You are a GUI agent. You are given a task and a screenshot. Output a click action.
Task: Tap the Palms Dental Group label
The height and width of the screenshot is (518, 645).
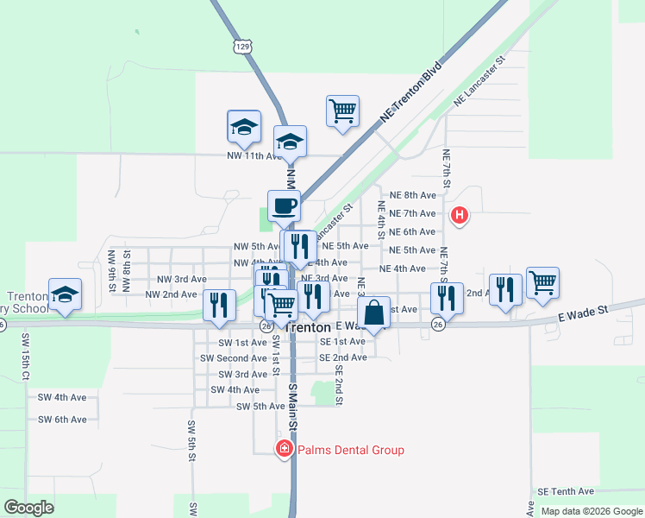coord(350,450)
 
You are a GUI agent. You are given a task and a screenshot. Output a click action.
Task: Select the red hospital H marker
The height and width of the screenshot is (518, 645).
coord(460,214)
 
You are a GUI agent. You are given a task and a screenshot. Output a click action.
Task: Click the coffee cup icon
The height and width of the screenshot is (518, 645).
coord(284,206)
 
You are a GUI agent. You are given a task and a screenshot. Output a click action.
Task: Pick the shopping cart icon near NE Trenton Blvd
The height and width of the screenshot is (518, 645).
coord(342,111)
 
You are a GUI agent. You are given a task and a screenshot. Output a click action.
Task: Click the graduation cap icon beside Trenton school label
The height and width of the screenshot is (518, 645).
coord(65,294)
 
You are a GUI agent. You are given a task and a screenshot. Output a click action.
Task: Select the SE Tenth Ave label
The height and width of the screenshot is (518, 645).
coord(566,490)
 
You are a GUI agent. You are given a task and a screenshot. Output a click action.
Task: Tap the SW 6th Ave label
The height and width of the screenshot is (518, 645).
coord(62,420)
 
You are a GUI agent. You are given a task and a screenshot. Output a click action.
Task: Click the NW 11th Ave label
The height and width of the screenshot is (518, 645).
coord(254,156)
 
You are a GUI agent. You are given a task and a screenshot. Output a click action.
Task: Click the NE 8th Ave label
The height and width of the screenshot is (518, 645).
coord(413,195)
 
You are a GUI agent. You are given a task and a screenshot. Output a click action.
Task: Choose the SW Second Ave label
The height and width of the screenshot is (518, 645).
coord(227,357)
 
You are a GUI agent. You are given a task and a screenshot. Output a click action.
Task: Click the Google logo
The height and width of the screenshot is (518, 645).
coord(28,507)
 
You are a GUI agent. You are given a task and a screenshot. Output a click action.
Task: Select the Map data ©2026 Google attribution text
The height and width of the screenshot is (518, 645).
coord(591,511)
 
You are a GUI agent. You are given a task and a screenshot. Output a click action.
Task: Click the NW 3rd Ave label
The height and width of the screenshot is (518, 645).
coord(181,279)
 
